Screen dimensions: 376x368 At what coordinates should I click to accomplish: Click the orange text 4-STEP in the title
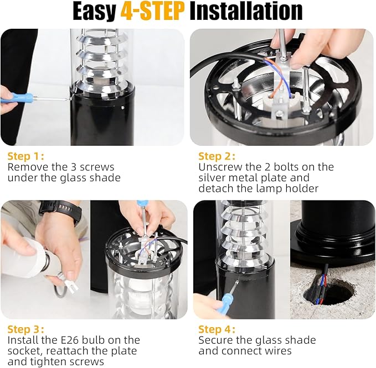[x=152, y=11]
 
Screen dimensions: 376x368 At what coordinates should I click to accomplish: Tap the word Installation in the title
[x=246, y=11]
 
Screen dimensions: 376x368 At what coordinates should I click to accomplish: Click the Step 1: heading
[x=26, y=156]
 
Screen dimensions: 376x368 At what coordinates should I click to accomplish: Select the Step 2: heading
[x=217, y=156]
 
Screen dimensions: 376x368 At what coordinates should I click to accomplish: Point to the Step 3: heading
[x=26, y=329]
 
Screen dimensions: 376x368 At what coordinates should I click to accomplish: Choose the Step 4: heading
[x=217, y=329]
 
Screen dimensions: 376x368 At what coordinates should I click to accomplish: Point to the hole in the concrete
[x=328, y=294]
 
